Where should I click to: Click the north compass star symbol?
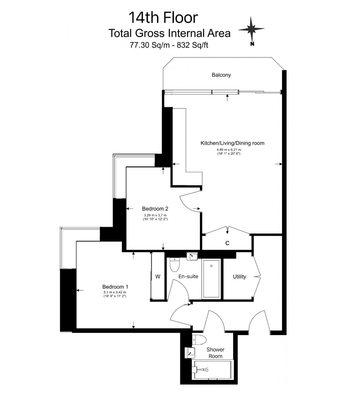(251, 29)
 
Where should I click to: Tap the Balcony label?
(221, 75)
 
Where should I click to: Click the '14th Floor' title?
(163, 18)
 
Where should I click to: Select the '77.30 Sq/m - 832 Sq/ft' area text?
(169, 45)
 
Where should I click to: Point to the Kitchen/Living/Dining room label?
(232, 143)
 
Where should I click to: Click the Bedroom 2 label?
(155, 209)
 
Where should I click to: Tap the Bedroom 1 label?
(115, 287)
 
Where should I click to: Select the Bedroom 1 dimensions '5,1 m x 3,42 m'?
(115, 292)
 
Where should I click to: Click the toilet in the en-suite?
(174, 264)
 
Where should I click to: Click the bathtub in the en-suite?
(211, 279)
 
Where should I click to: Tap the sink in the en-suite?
(192, 257)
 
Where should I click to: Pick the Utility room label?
(239, 277)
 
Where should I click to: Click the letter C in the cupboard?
(227, 243)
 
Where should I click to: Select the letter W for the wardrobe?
(158, 277)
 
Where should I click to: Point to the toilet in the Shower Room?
(199, 340)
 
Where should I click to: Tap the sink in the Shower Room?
(190, 353)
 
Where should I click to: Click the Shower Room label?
(216, 353)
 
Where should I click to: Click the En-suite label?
(188, 277)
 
